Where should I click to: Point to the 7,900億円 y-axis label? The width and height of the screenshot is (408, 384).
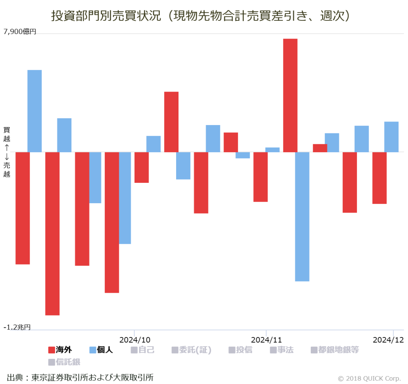[20, 32]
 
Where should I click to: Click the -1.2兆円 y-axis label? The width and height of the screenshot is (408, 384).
[17, 327]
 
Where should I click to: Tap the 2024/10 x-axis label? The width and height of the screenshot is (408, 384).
[135, 340]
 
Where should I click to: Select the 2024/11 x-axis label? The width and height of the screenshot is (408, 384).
[266, 340]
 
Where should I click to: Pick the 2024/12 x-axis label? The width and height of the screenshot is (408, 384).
[388, 340]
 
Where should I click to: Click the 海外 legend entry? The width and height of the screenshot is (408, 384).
[60, 350]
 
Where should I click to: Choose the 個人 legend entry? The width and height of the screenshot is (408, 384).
[101, 350]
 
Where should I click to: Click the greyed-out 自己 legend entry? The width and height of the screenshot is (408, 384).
[142, 350]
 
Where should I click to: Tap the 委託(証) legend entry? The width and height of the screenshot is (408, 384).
[191, 350]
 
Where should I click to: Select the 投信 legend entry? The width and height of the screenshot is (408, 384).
[240, 350]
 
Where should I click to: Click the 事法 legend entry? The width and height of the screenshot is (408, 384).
[281, 350]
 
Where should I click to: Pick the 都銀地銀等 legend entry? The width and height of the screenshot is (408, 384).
[335, 350]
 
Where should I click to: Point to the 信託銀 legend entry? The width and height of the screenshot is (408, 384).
[64, 362]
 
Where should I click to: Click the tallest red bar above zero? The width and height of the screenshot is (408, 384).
[290, 95]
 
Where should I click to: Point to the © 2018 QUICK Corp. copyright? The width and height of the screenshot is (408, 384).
[369, 378]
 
